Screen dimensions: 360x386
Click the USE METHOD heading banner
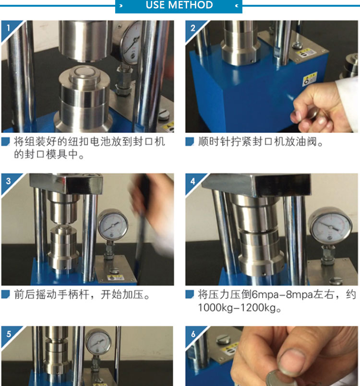coord(179,6)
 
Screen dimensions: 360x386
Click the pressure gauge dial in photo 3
coord(113,224)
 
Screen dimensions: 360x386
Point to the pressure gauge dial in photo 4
coord(330,226)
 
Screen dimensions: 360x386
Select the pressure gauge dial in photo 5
coord(98,341)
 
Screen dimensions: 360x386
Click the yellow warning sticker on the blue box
coord(310,79)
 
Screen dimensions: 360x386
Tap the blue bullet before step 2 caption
coord(190,142)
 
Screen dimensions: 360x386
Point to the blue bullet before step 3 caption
coord(5,294)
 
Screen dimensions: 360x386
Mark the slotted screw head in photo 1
coord(164,115)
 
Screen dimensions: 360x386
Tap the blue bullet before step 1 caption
coord(5,141)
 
